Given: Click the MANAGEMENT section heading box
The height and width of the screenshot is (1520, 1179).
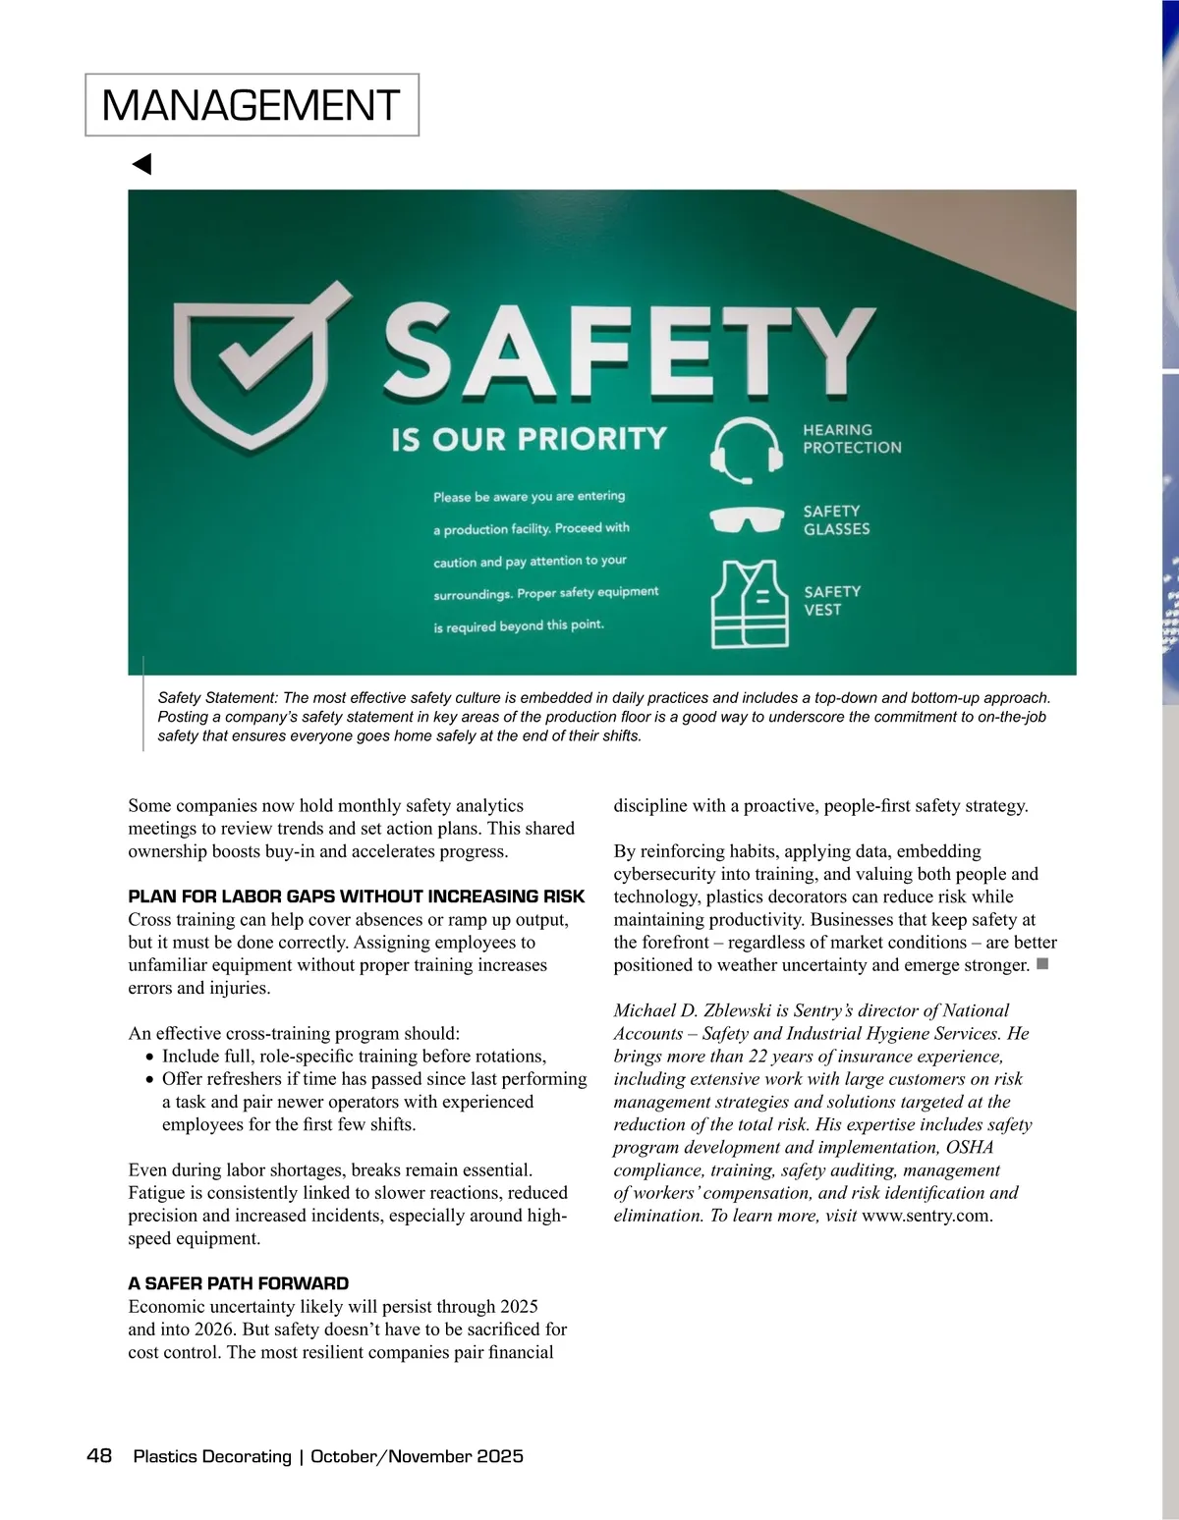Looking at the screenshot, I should [252, 105].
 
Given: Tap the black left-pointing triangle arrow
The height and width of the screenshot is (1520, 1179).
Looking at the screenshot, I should [142, 164].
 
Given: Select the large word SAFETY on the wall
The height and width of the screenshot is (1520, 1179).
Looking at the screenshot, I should [629, 349].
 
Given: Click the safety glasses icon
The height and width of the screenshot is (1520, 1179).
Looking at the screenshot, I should [747, 518].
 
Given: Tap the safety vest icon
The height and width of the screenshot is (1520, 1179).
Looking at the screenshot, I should [749, 604].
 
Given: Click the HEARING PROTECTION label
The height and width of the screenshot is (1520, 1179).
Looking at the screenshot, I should [851, 439].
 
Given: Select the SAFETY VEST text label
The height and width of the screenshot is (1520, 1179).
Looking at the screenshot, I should [831, 600].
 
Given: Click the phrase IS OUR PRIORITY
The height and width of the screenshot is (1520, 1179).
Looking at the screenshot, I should [529, 438].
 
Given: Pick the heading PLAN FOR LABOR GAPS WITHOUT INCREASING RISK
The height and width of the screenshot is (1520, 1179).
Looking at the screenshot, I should [356, 896].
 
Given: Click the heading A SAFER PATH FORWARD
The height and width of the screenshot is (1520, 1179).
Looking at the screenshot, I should [238, 1283].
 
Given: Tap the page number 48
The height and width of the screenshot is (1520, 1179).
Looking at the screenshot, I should [99, 1455].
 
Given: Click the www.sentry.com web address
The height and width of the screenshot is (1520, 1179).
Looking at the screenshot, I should [926, 1216].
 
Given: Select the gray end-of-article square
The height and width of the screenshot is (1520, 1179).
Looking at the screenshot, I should [1042, 964].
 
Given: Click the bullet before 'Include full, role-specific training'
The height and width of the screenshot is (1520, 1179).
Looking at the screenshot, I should [149, 1058].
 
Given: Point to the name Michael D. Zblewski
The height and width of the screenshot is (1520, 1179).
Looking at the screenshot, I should [696, 1010].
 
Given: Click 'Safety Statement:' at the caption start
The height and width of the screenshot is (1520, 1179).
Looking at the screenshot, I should [217, 697].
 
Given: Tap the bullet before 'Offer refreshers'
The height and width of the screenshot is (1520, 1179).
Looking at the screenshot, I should [149, 1080].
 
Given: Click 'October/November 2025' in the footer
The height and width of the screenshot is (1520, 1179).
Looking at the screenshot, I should [417, 1456].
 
